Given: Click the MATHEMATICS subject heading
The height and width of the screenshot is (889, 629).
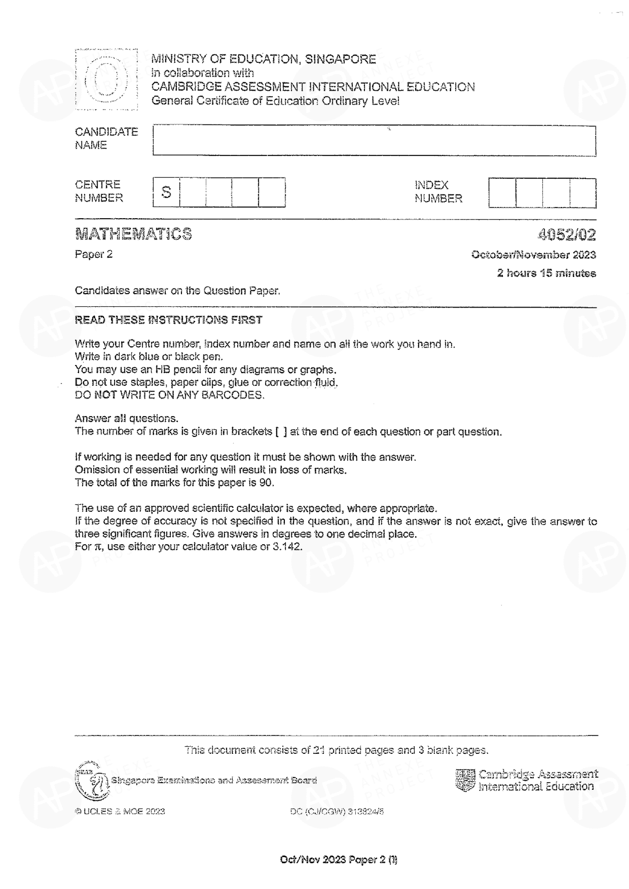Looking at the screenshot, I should pos(133,234).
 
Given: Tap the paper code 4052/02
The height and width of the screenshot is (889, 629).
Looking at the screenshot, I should pos(567,234).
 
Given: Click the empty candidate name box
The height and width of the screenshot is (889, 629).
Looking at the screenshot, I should pos(374,141).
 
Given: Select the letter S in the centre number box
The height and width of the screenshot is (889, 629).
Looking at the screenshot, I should pos(166,192).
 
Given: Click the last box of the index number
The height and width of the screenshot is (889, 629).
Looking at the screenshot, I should pos(583,193).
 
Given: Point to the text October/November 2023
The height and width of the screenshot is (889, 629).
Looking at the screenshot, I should pos(533,255).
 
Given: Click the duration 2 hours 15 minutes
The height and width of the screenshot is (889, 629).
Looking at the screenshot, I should pos(546,273).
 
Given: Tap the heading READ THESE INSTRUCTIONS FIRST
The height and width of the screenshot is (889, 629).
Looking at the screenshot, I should pos(168,320).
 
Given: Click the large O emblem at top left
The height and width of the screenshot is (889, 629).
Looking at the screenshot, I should pos(106,79).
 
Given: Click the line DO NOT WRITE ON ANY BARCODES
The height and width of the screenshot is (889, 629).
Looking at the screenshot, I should pos(169,395).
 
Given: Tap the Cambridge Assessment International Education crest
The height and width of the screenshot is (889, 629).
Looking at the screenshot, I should pos(465,780).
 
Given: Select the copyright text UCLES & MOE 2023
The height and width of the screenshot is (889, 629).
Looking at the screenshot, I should pos(120,811).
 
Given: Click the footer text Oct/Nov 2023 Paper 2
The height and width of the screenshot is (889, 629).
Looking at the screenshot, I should pos(338,859).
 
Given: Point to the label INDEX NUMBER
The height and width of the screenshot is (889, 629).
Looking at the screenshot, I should pos(438,192).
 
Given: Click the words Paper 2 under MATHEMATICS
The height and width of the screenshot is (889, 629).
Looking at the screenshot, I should pos(93,254).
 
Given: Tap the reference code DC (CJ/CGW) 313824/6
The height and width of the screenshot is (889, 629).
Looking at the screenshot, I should pos(337,812).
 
